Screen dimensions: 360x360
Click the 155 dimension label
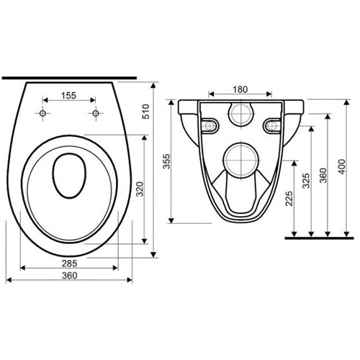68,96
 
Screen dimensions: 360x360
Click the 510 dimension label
146,112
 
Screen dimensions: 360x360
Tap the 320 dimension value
140,189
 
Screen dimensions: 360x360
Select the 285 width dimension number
70,264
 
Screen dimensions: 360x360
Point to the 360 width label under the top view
70,276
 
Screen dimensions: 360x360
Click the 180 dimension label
240,89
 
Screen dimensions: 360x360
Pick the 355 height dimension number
166,161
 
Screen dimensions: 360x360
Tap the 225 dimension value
289,199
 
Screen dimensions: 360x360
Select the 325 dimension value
306,181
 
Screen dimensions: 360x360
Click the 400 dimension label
342,167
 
